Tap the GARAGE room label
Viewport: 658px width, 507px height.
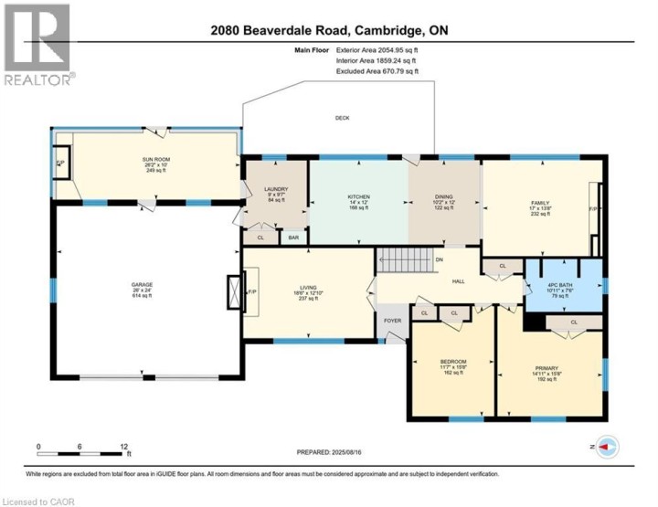click(141, 285)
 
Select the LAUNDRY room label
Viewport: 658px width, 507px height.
click(263, 189)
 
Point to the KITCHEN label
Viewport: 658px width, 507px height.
click(357, 195)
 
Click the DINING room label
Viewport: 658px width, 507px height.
click(443, 198)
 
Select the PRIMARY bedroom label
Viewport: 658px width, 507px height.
click(546, 369)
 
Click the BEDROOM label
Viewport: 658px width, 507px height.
click(453, 363)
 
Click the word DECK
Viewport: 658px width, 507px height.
click(342, 118)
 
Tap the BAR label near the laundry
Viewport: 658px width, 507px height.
click(293, 238)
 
